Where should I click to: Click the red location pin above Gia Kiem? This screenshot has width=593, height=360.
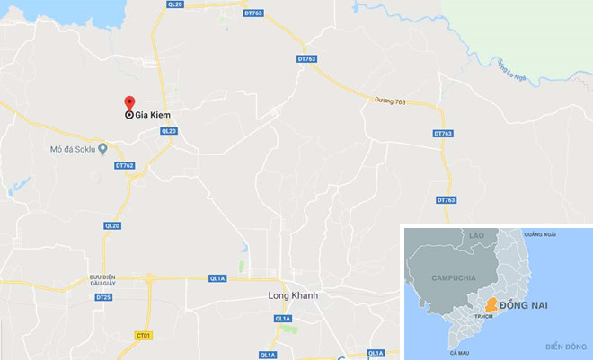tap(128, 101)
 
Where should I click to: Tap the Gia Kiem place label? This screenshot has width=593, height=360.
tap(154, 116)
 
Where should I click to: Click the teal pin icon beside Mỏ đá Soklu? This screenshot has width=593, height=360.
tap(103, 148)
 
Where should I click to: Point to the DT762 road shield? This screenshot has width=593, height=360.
tap(124, 165)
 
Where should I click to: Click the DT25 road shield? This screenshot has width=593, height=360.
tap(103, 297)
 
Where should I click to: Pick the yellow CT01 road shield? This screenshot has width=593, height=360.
tap(143, 335)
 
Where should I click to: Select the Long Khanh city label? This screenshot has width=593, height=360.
tap(293, 295)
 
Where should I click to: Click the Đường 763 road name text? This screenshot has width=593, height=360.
tap(390, 102)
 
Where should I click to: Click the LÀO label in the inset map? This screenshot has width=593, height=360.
tap(475, 236)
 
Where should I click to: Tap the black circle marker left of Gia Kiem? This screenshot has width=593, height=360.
tap(128, 116)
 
